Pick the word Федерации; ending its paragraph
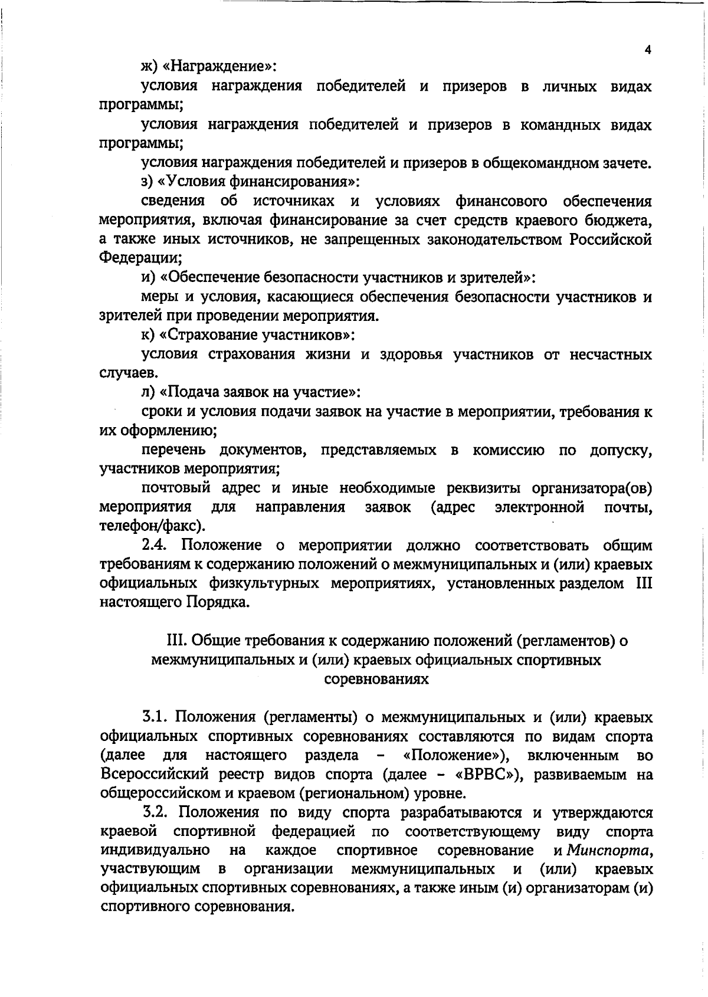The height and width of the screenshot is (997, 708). [140, 259]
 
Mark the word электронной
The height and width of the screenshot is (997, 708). [539, 507]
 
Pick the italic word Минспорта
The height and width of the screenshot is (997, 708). [609, 851]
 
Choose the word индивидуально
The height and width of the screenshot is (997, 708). [155, 851]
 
